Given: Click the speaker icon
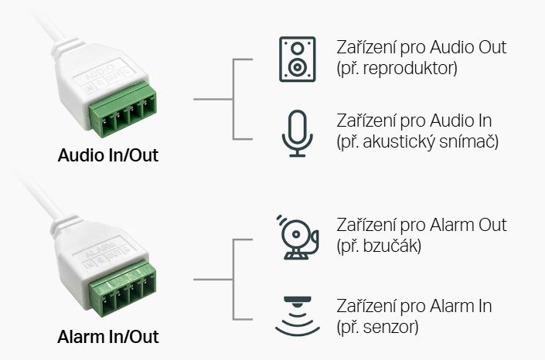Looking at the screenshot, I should click(298, 59).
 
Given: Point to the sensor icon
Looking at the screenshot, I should click(298, 316).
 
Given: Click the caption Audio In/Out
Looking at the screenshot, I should click(108, 155).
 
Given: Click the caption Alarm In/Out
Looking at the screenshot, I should click(108, 337).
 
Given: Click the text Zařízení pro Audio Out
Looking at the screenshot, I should click(421, 47).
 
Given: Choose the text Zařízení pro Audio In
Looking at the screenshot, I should click(414, 121).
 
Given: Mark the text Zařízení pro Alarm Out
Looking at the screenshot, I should click(421, 225).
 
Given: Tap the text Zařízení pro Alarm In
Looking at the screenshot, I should click(414, 306).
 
